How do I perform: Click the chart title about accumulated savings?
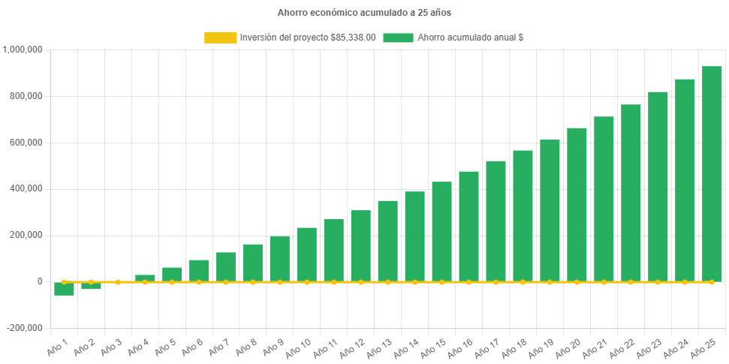tap(364, 13)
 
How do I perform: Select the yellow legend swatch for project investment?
tap(219, 38)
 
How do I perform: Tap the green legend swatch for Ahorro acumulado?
tap(398, 38)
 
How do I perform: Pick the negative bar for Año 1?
tap(64, 289)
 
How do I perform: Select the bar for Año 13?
tap(387, 241)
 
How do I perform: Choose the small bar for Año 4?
tap(145, 278)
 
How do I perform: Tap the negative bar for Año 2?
tap(91, 285)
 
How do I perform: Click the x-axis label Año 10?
tap(299, 347)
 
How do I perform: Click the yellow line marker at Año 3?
tap(118, 281)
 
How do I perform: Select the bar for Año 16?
tap(468, 227)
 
